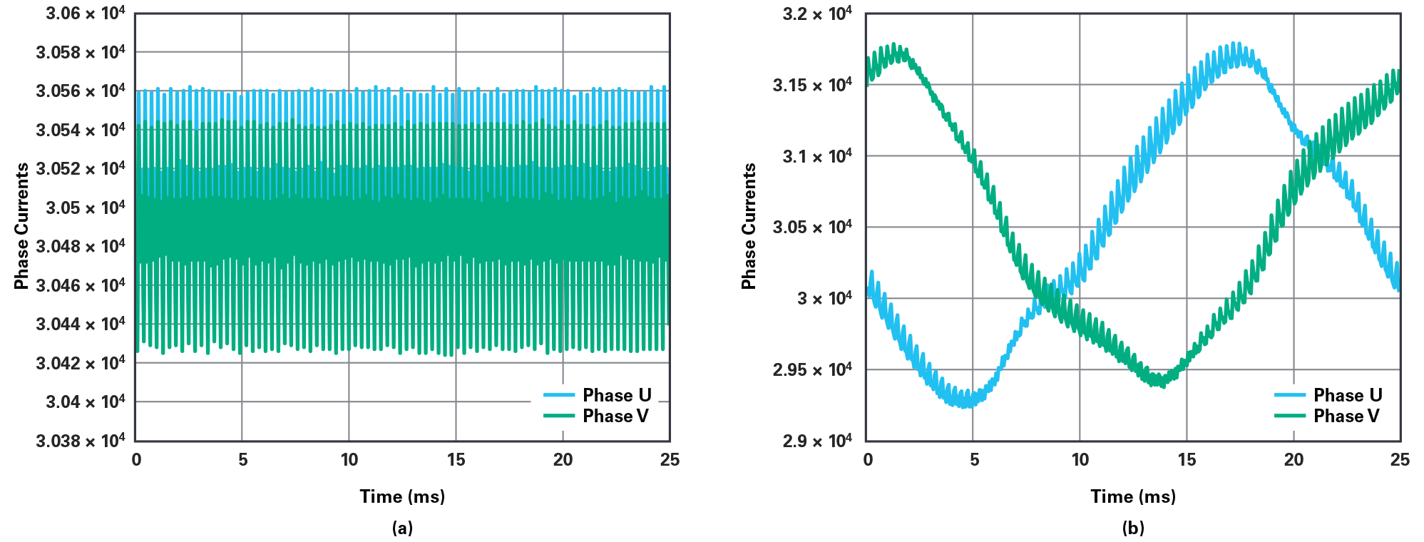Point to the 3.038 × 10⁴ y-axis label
coord(80,441)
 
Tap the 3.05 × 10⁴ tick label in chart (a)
coord(85,208)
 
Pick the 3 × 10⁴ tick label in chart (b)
coord(824,298)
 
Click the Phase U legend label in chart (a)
coord(617,395)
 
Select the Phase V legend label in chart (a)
coord(615,416)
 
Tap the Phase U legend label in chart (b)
coord(1348,395)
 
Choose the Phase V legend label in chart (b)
coord(1346,416)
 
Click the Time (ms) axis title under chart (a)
coord(402,496)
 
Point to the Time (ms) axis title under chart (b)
coord(1133,496)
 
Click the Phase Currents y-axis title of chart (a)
coord(22,226)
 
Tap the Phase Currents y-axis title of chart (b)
coord(749,226)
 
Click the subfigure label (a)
coord(402,528)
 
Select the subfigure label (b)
coord(1133,528)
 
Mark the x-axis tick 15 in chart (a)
coord(456,460)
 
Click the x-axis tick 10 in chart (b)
coord(1080,460)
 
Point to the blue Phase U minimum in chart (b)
coord(966,404)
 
